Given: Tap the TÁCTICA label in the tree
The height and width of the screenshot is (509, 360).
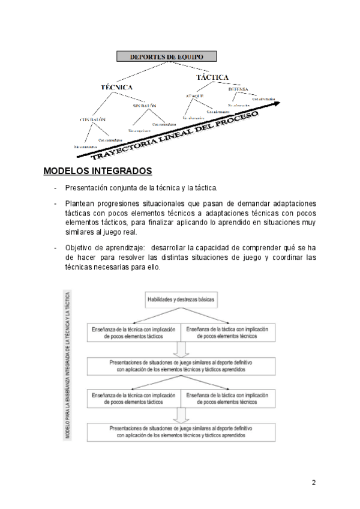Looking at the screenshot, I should click(x=212, y=77).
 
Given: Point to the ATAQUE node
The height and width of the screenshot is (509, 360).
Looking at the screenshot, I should click(x=194, y=95).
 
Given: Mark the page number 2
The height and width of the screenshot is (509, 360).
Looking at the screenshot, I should click(x=314, y=483).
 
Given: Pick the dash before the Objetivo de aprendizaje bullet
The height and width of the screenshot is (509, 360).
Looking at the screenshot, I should click(x=55, y=248).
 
